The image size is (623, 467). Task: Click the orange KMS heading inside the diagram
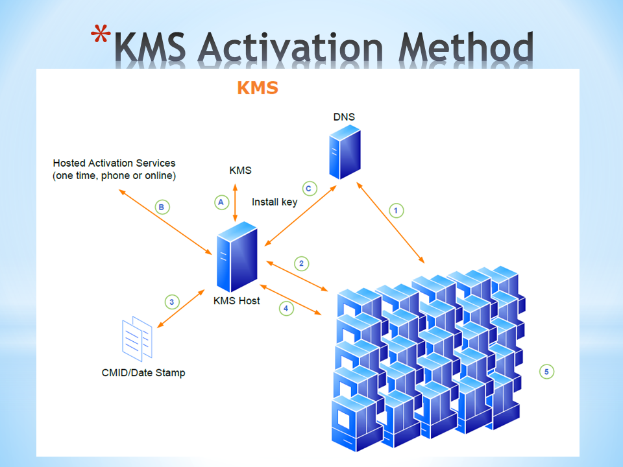(258, 88)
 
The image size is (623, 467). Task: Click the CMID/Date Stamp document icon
(137, 340)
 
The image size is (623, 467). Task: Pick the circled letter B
(163, 208)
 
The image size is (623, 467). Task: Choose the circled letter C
(309, 189)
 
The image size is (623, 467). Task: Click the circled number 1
(396, 210)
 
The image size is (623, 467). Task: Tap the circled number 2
(300, 263)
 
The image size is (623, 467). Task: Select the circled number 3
(171, 302)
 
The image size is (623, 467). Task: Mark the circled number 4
(286, 308)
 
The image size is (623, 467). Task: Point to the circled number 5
(546, 372)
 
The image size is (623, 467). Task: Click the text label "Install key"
(275, 202)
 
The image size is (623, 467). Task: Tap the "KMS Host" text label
(236, 300)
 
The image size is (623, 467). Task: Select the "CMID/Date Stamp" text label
(143, 372)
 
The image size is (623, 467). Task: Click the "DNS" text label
(344, 117)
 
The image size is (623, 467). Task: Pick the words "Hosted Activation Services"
(114, 163)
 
